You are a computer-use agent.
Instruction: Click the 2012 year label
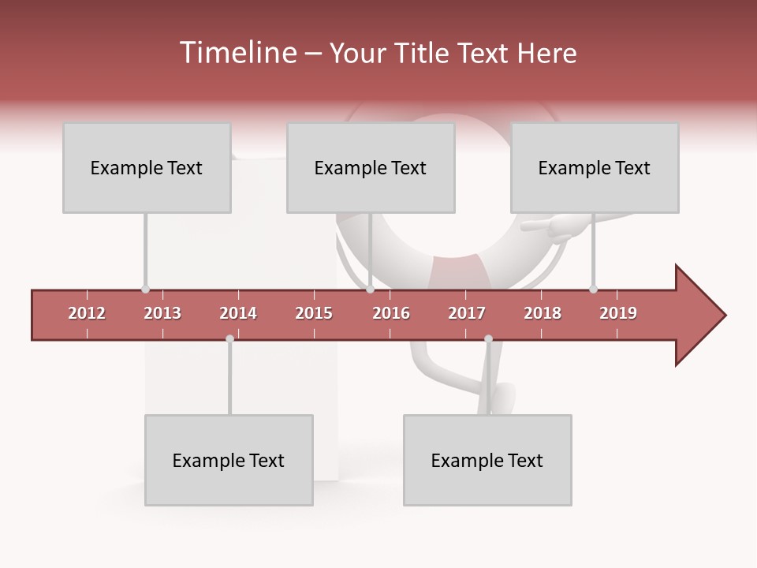(x=87, y=313)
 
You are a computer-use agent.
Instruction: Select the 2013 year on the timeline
(x=162, y=313)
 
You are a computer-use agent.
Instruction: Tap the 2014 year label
(x=238, y=313)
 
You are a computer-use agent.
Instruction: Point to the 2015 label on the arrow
(x=314, y=313)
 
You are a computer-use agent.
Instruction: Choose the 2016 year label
(x=391, y=313)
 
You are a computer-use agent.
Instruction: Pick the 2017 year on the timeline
(x=467, y=313)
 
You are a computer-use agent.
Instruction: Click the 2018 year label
(x=543, y=313)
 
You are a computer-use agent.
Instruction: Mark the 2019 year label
(x=618, y=313)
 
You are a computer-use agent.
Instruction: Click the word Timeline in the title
(x=236, y=53)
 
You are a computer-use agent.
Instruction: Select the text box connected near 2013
(x=147, y=167)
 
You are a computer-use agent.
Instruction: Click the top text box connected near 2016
(x=371, y=167)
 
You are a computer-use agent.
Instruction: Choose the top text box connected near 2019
(x=595, y=167)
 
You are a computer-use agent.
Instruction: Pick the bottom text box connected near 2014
(x=229, y=460)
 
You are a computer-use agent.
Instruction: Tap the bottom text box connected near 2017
(x=487, y=460)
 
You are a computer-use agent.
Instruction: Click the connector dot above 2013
(x=145, y=289)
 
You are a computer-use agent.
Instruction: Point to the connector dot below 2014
(x=229, y=339)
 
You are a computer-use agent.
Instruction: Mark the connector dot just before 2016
(x=371, y=289)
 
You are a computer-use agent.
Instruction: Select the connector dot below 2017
(x=488, y=339)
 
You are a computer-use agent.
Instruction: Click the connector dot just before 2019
(x=593, y=289)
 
